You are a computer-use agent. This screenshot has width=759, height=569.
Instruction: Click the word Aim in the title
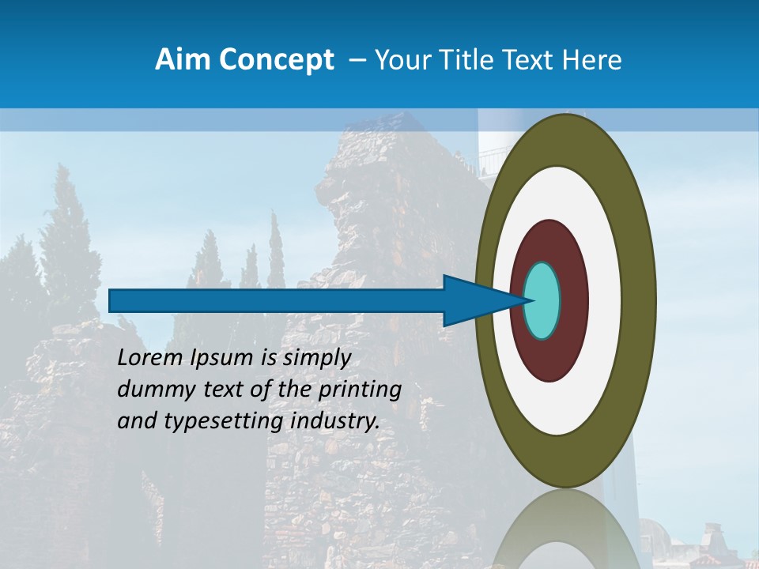click(x=178, y=60)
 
